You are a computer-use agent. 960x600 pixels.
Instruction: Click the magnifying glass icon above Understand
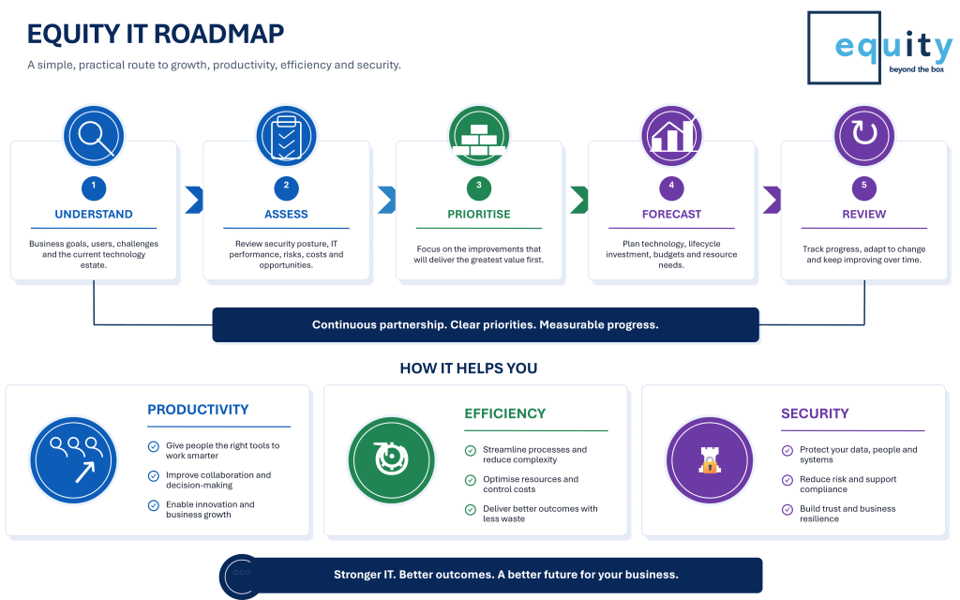(x=94, y=136)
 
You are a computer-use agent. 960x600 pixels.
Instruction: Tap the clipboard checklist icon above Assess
(x=286, y=136)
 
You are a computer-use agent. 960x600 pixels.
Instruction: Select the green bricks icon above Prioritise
(x=479, y=136)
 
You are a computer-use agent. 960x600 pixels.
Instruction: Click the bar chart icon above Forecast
(x=671, y=136)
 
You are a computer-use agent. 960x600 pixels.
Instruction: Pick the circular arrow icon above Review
(x=864, y=136)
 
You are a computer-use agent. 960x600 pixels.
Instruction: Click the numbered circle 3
(x=479, y=187)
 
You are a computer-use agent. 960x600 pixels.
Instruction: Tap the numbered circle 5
(x=864, y=187)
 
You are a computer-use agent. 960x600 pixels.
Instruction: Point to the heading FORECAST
(x=671, y=215)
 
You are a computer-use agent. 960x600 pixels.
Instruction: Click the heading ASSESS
(x=286, y=215)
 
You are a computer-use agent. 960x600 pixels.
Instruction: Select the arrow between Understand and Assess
(x=195, y=200)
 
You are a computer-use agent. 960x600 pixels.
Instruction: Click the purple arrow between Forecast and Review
(x=772, y=200)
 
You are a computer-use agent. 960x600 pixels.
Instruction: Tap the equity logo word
(x=893, y=46)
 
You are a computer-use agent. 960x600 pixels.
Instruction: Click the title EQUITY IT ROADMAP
(x=156, y=35)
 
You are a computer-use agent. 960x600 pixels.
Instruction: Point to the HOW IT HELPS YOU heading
(x=469, y=367)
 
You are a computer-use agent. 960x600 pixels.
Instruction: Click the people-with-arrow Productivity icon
(x=73, y=460)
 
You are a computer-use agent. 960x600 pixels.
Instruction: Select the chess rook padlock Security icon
(x=710, y=460)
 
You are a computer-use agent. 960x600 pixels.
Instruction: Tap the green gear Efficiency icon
(x=391, y=460)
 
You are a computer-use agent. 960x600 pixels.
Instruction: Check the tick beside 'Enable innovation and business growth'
(x=154, y=505)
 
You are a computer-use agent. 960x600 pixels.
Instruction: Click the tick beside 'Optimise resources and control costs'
(x=471, y=480)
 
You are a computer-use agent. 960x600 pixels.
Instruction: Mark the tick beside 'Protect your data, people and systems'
(x=787, y=451)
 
